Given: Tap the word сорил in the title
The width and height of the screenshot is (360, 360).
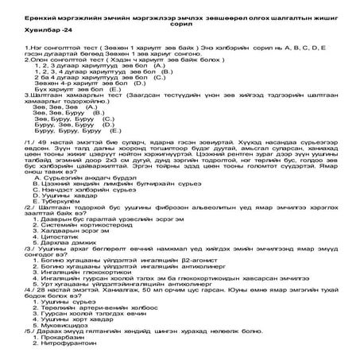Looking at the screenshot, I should point(181,22).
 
